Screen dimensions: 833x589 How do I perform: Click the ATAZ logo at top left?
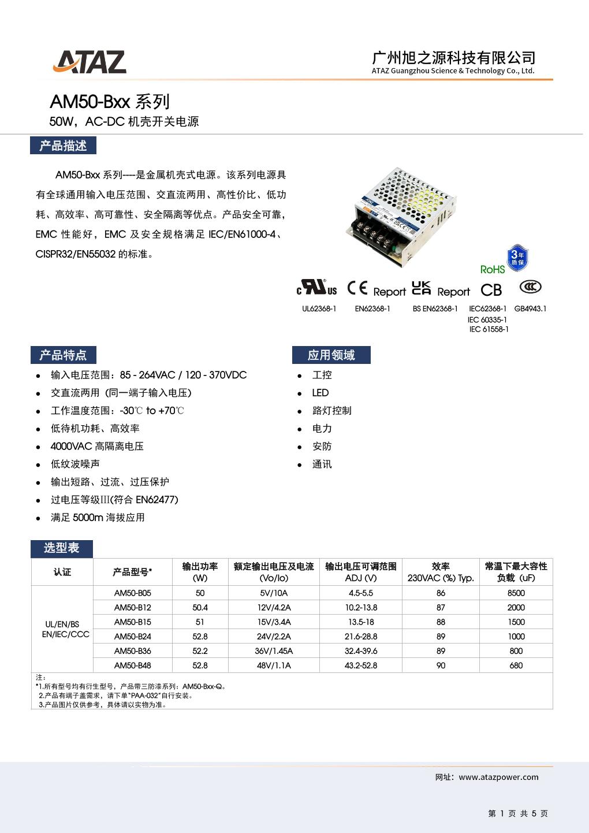[x=90, y=62]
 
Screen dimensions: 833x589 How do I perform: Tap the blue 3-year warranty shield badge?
[x=517, y=258]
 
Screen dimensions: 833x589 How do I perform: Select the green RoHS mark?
[x=493, y=269]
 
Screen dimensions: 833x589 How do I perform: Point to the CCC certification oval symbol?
[x=530, y=287]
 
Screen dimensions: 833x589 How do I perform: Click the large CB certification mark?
[x=491, y=290]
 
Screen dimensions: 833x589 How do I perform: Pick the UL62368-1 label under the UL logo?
[x=319, y=308]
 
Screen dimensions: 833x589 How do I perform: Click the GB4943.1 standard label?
[x=530, y=308]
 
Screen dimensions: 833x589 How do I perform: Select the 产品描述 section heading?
[x=63, y=146]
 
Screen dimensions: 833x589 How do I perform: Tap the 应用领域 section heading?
[x=331, y=355]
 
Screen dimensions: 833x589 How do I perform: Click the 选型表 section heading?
[x=61, y=548]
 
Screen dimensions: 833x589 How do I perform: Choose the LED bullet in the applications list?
[x=320, y=393]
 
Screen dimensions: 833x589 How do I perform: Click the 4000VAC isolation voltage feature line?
[x=97, y=446]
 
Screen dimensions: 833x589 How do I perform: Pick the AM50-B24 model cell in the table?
[x=132, y=636]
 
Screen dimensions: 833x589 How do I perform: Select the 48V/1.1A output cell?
[x=274, y=665]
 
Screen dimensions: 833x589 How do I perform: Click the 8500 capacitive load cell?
[x=516, y=593]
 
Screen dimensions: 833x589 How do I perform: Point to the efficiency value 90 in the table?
[x=441, y=665]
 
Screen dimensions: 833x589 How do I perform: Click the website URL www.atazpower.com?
[x=498, y=777]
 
